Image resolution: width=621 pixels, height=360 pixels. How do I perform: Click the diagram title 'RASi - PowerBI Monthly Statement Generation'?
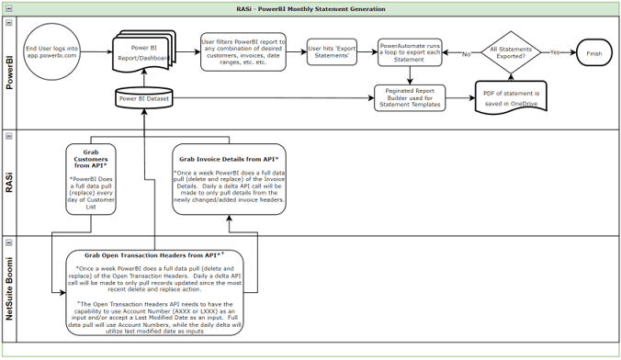tap(310, 8)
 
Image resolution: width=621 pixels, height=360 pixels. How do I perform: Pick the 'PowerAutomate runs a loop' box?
tap(409, 52)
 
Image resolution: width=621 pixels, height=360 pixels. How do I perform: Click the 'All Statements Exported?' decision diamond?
tap(510, 53)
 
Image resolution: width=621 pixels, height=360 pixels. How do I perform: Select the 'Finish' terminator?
tap(593, 53)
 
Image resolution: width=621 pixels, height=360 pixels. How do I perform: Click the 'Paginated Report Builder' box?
tap(409, 98)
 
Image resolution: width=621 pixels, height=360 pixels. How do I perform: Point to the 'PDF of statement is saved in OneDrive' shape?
tap(510, 96)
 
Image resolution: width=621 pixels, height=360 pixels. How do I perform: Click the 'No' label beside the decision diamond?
tap(466, 54)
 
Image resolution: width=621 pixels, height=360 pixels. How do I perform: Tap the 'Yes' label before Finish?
tap(554, 53)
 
